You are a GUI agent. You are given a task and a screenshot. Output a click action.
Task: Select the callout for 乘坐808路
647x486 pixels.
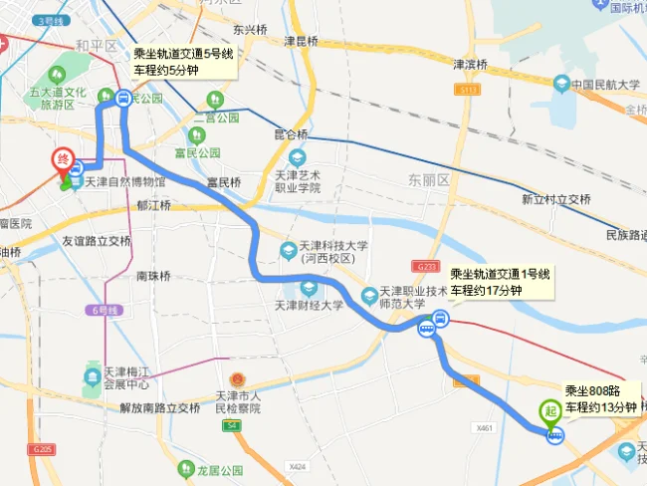600,398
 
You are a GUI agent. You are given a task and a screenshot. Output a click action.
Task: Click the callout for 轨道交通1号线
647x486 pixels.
499,282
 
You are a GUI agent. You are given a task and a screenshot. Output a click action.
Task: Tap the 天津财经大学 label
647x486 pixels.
309,305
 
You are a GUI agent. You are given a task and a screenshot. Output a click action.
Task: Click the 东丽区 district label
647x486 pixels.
429,180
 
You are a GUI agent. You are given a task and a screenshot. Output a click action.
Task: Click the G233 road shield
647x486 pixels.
425,266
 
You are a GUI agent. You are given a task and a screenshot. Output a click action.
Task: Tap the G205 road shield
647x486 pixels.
40,450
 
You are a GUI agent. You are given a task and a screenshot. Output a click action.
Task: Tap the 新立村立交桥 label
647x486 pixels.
556,199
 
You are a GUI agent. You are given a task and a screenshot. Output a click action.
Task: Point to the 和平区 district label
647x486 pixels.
96,46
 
